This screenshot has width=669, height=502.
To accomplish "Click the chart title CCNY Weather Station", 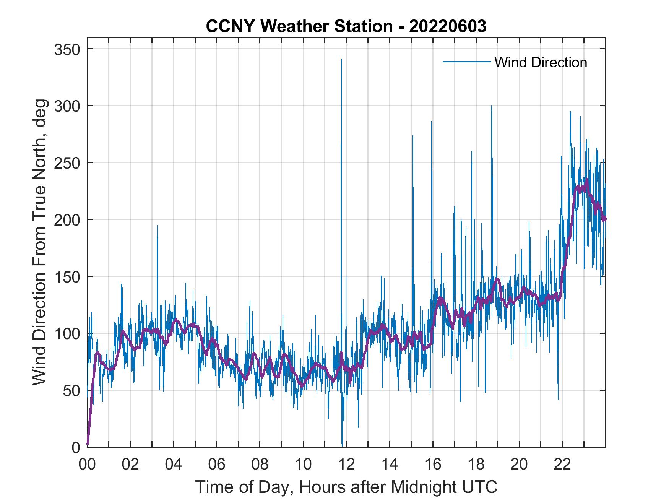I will point(346,26).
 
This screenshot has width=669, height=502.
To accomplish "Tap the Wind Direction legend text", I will point(541,62).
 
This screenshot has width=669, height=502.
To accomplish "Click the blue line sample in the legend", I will point(466,62).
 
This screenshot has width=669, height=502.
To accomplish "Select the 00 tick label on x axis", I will point(87,465).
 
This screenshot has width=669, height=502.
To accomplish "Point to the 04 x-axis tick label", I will point(174,465).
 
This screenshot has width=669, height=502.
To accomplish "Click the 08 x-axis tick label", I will point(260,465).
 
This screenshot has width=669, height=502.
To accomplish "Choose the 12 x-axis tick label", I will point(346,465).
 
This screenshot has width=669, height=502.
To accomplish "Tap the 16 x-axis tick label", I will point(433,465).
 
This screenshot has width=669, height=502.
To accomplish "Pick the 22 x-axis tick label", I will point(562,465).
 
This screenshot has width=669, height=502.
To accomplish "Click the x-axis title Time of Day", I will point(346,487).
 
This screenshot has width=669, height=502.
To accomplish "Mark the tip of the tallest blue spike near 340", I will point(341,59).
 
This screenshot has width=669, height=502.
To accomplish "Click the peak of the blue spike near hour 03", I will point(157,226).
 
